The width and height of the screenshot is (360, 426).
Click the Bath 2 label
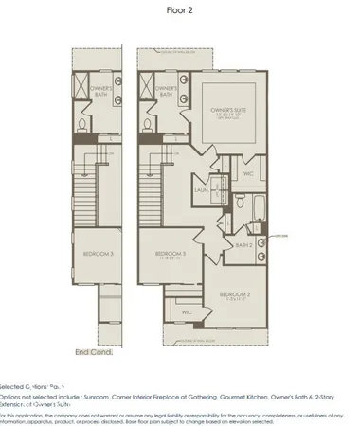[243, 244]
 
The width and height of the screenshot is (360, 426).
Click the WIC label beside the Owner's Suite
[247, 173]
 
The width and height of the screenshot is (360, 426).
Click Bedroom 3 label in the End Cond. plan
[98, 255]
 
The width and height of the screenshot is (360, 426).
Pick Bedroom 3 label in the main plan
[171, 254]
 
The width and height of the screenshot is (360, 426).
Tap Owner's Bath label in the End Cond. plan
[102, 92]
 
